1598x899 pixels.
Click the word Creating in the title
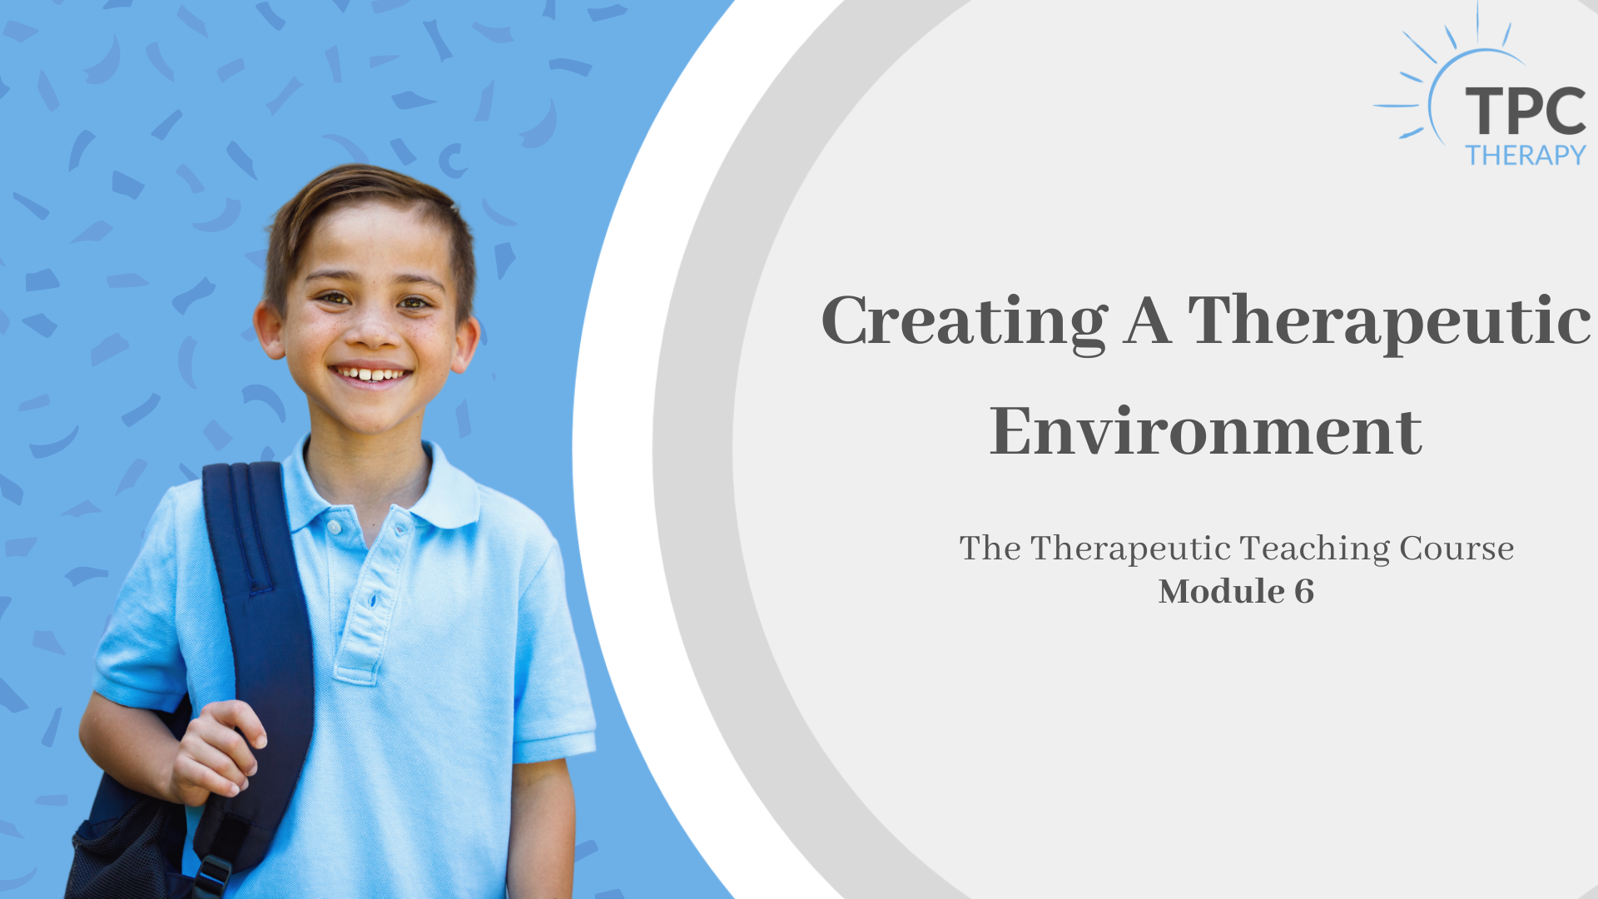(965, 322)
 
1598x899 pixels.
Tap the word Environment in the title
(1206, 431)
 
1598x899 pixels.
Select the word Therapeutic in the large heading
(1389, 322)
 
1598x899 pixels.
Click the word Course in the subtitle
(1457, 549)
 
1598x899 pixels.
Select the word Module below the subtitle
(1222, 592)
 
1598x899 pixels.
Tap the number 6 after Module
(1304, 592)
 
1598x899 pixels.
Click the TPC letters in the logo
(1526, 112)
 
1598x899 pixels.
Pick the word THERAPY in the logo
(1526, 156)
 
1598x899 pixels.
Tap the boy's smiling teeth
(372, 375)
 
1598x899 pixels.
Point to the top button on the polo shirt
(334, 527)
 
